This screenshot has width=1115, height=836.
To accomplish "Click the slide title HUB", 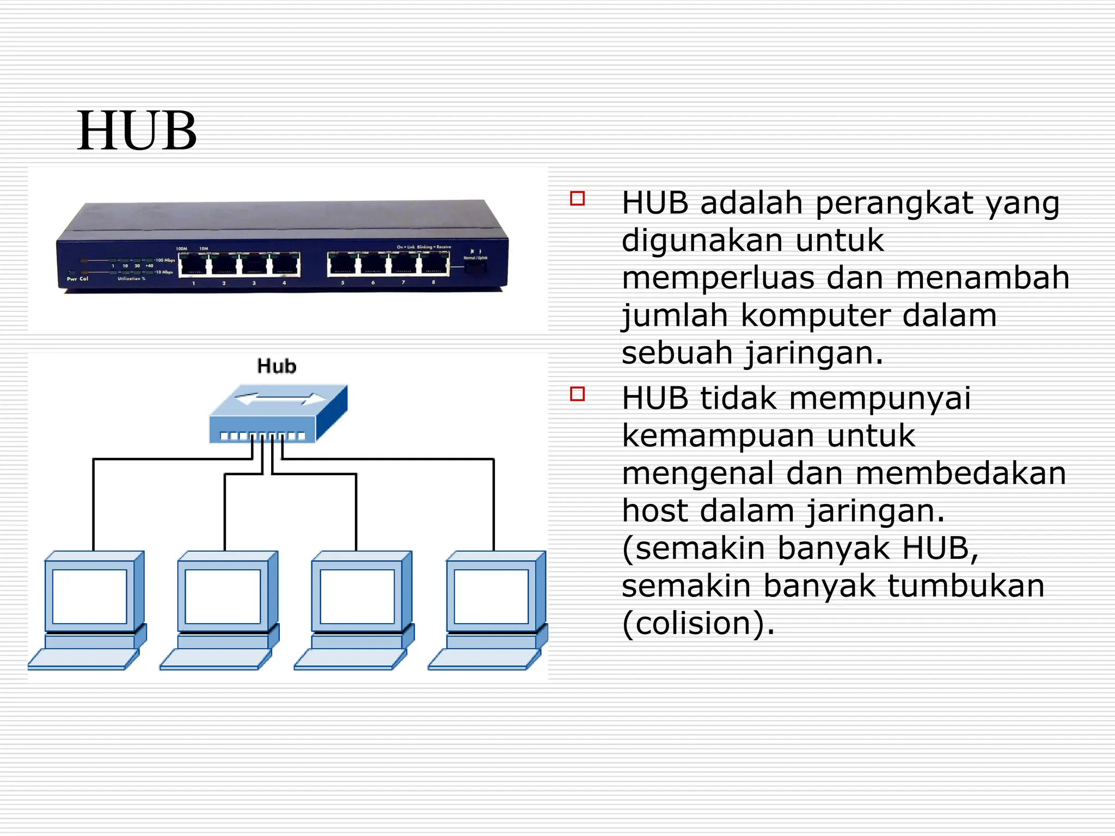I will point(137,131).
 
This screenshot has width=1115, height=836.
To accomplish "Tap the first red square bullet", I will point(577,198).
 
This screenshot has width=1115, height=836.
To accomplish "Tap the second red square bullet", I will point(577,394).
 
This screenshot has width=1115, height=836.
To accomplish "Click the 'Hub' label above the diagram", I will point(277,366).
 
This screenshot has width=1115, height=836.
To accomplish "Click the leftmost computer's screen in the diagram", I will point(90,597).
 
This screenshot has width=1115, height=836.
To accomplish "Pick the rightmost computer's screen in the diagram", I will point(491,597).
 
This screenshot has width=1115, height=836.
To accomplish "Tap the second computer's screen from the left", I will point(223,597).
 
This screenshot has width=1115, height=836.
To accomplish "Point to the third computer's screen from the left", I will point(357,597).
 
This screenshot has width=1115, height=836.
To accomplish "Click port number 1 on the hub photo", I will point(193,265).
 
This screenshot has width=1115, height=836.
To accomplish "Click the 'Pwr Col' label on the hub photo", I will point(77,279).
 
